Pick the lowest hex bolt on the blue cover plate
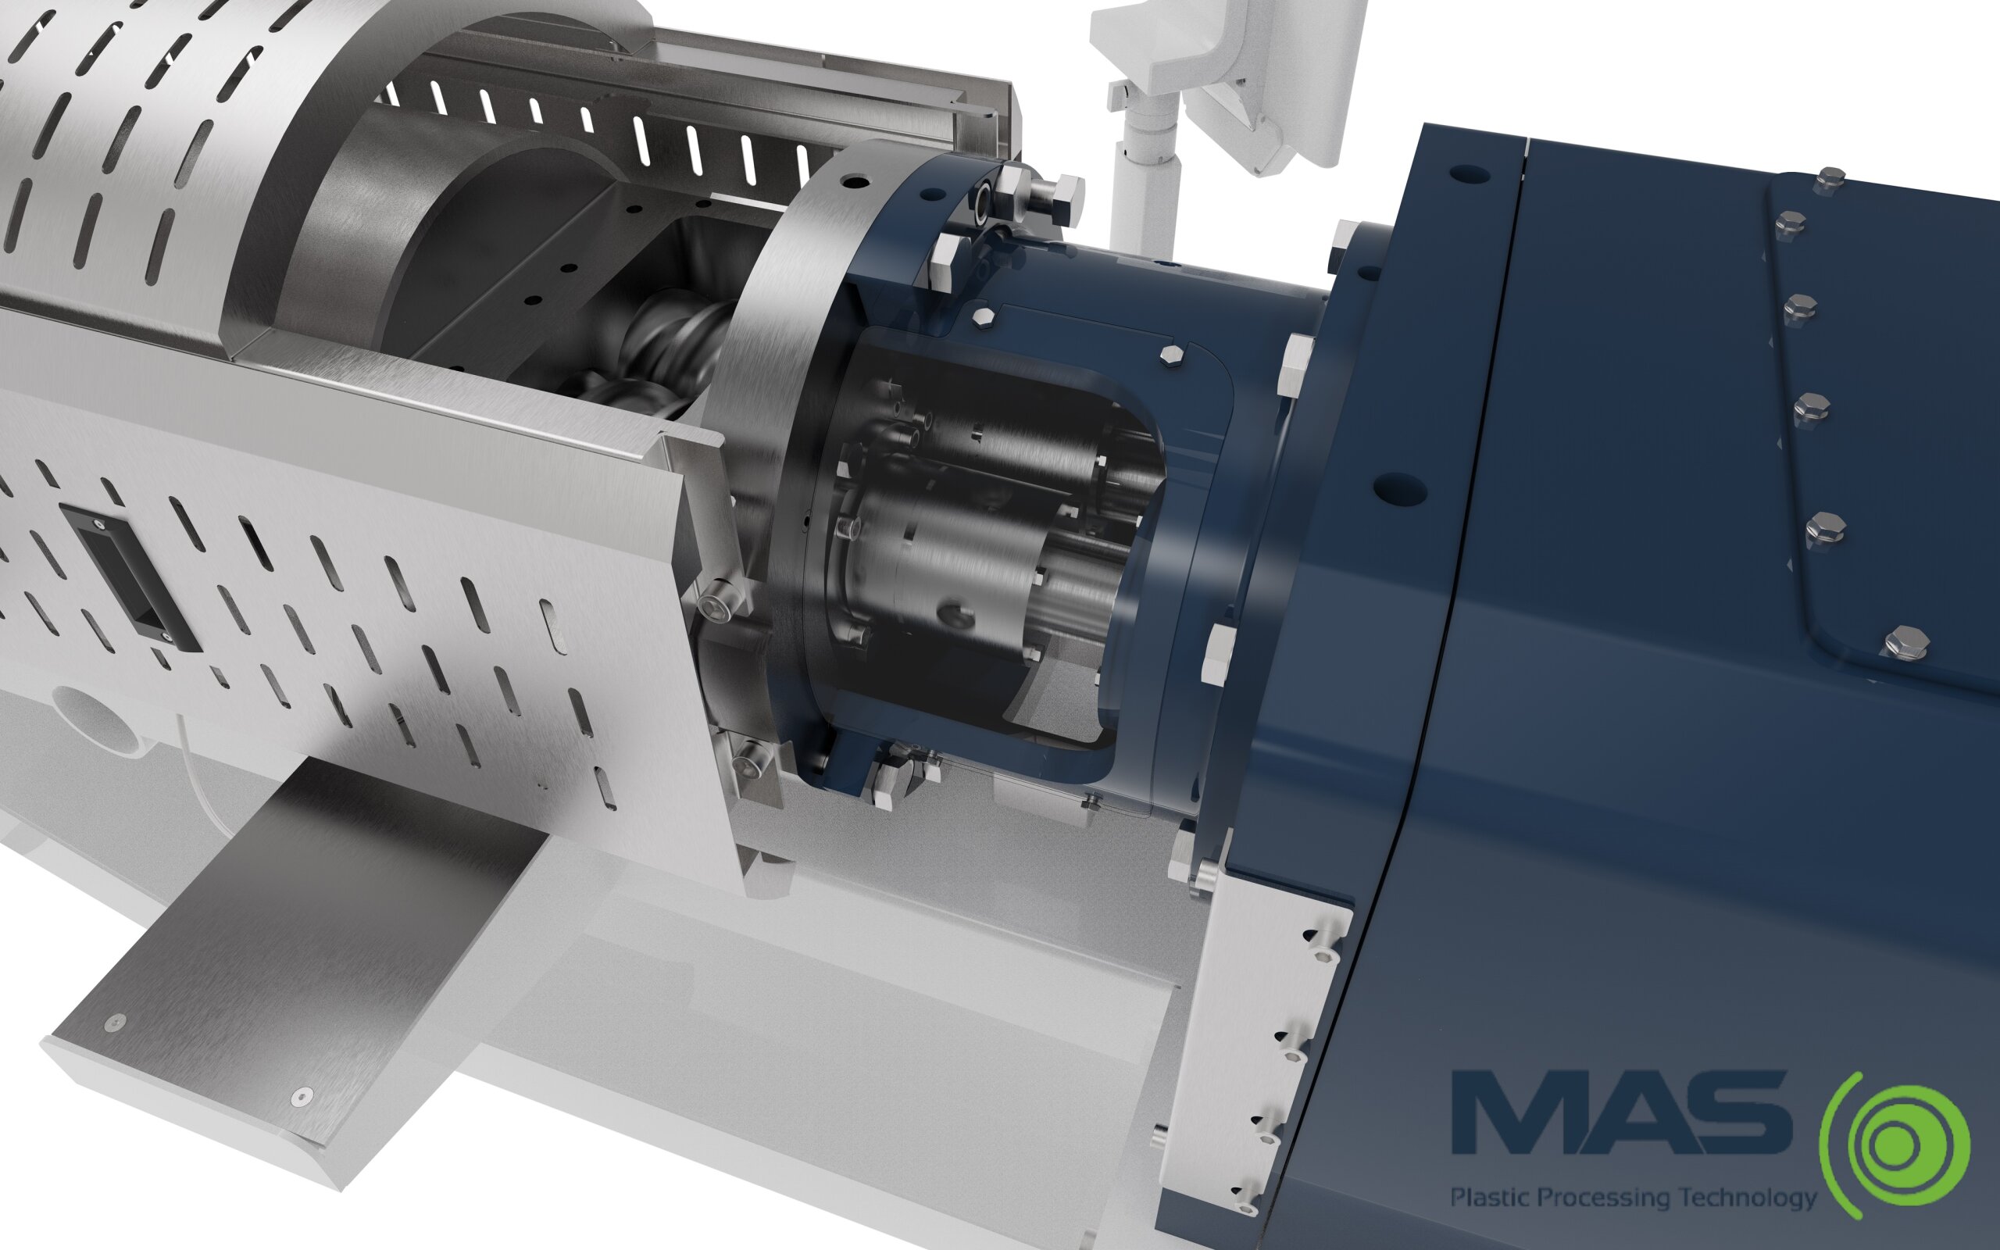point(1909,643)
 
